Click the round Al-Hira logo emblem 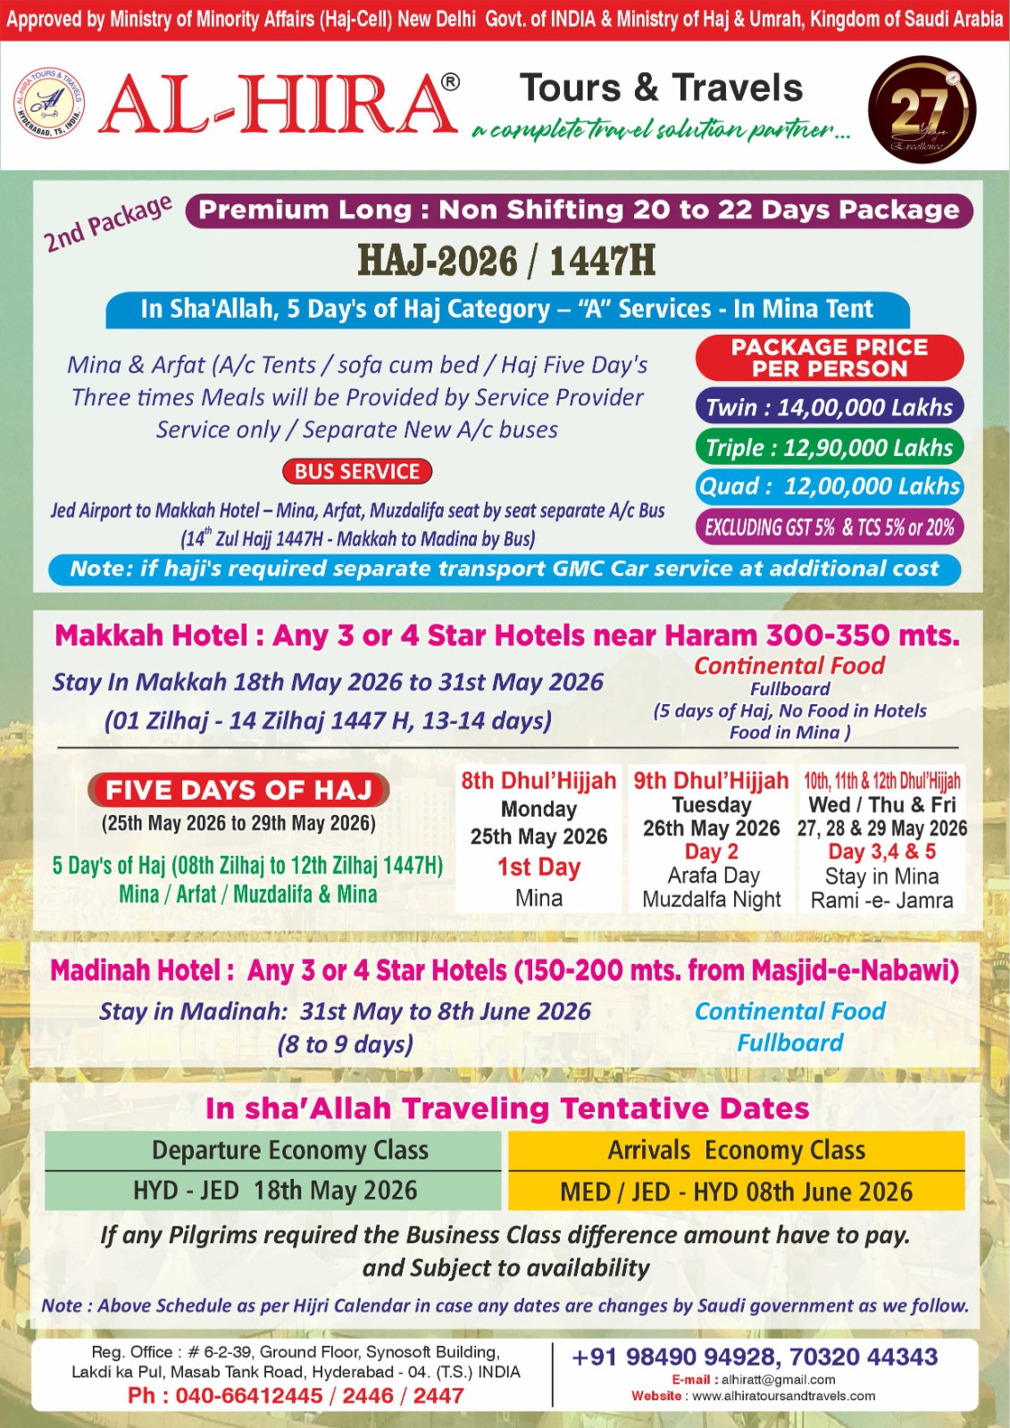pyautogui.click(x=49, y=104)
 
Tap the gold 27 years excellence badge pyautogui.click(x=922, y=110)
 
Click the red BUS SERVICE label pyautogui.click(x=357, y=471)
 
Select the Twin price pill pyautogui.click(x=829, y=407)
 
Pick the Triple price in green pyautogui.click(x=829, y=447)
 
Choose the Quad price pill pyautogui.click(x=829, y=486)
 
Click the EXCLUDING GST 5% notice pyautogui.click(x=829, y=527)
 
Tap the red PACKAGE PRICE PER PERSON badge pyautogui.click(x=829, y=358)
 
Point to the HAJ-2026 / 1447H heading pyautogui.click(x=506, y=261)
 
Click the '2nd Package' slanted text pyautogui.click(x=108, y=223)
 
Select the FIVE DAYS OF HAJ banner pyautogui.click(x=238, y=790)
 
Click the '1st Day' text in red pyautogui.click(x=538, y=868)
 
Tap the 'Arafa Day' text pyautogui.click(x=713, y=876)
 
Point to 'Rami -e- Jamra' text pyautogui.click(x=881, y=901)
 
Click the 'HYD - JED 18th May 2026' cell pyautogui.click(x=274, y=1191)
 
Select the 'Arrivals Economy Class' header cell pyautogui.click(x=736, y=1150)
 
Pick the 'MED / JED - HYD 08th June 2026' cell pyautogui.click(x=736, y=1191)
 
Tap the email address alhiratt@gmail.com pyautogui.click(x=778, y=1380)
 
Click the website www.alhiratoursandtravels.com pyautogui.click(x=783, y=1396)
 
